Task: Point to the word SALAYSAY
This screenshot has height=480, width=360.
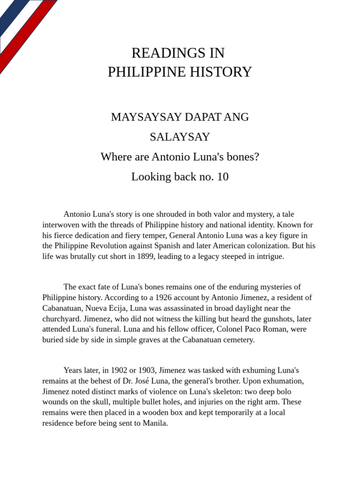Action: click(180, 137)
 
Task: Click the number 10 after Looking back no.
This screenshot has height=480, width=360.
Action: click(223, 177)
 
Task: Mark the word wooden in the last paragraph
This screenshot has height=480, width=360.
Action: click(151, 412)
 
